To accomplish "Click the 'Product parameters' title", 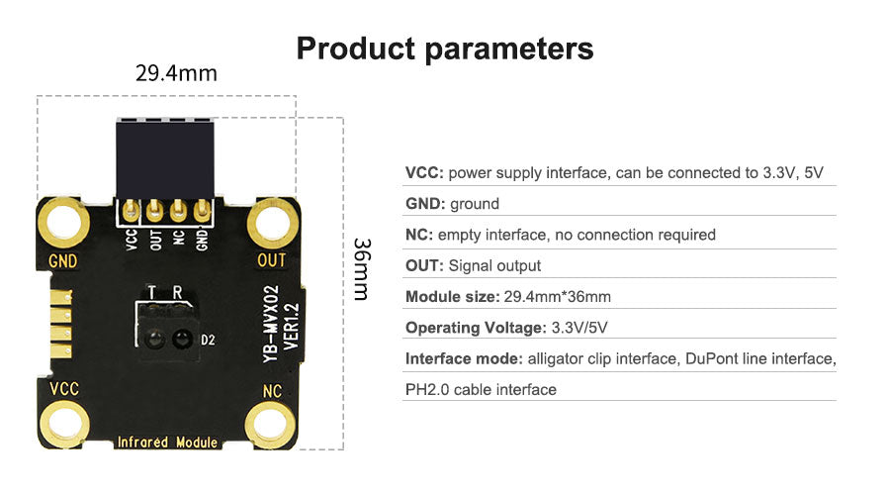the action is pyautogui.click(x=445, y=49).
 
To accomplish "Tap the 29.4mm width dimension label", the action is pyautogui.click(x=176, y=73).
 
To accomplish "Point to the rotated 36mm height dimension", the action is pyautogui.click(x=362, y=269).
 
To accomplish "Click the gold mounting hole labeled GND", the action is pyautogui.click(x=63, y=222).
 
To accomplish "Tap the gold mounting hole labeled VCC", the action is pyautogui.click(x=63, y=425).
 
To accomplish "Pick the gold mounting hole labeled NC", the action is pyautogui.click(x=271, y=425).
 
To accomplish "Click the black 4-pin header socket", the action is pyautogui.click(x=164, y=158).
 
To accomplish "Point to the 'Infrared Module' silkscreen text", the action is pyautogui.click(x=167, y=443).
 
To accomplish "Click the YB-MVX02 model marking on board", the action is pyautogui.click(x=271, y=324).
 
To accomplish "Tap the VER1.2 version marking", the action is pyautogui.click(x=291, y=327).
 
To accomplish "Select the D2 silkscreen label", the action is pyautogui.click(x=208, y=340).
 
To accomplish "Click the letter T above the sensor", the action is pyautogui.click(x=151, y=292).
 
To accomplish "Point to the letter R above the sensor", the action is pyautogui.click(x=177, y=292).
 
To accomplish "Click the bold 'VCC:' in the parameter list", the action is pyautogui.click(x=424, y=173).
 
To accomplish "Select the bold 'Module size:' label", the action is pyautogui.click(x=452, y=297).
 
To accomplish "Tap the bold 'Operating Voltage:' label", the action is pyautogui.click(x=476, y=328).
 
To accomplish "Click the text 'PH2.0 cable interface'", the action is pyautogui.click(x=481, y=390).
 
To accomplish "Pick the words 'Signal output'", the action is pyautogui.click(x=494, y=266).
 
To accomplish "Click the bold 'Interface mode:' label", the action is pyautogui.click(x=464, y=358).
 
